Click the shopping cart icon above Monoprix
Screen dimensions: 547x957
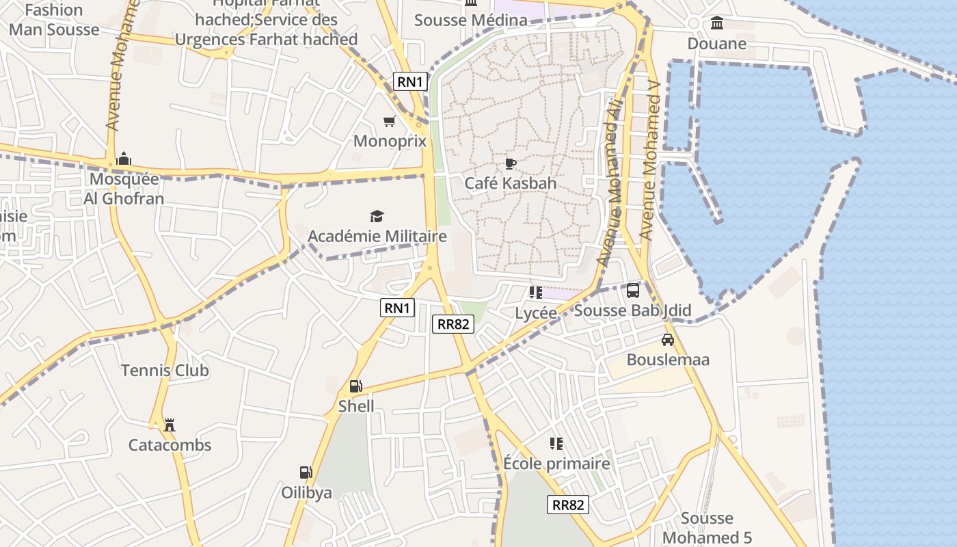[389, 122]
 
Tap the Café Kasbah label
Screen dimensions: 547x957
[510, 183]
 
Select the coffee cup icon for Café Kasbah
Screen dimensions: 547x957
[510, 163]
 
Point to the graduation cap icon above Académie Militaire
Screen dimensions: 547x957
[377, 217]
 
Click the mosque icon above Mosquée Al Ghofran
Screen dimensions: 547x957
[123, 159]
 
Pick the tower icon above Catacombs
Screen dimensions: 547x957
[169, 425]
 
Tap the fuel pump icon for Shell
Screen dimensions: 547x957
[355, 386]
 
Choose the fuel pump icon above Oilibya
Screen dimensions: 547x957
[306, 472]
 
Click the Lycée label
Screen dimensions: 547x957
[536, 312]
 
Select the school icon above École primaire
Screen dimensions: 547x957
[556, 444]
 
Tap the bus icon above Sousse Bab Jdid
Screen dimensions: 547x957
[633, 291]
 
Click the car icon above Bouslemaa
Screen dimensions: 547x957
[668, 340]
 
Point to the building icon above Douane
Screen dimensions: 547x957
[717, 24]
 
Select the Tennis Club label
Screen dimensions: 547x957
[165, 371]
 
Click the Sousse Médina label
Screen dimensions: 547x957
[471, 20]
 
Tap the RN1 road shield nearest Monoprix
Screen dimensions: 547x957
[411, 82]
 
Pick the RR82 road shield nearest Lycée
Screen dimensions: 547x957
[453, 324]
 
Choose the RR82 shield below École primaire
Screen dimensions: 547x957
[568, 505]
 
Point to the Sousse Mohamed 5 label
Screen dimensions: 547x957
[707, 528]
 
